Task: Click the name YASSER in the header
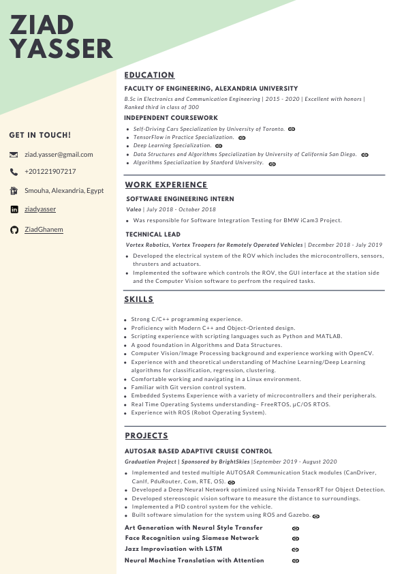[61, 49]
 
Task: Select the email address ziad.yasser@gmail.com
[59, 154]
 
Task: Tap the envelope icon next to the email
[14, 155]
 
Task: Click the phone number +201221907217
[50, 172]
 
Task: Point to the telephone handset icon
[14, 172]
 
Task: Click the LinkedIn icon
[14, 209]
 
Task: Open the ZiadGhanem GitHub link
[44, 230]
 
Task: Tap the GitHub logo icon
[14, 230]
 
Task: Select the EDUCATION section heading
[149, 75]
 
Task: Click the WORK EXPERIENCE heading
[166, 185]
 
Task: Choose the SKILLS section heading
[139, 299]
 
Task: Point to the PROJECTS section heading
[146, 436]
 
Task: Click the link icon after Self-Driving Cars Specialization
[292, 128]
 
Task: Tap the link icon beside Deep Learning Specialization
[219, 146]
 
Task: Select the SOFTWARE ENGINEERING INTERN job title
[180, 199]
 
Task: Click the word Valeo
[134, 209]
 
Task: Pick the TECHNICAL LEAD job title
[153, 234]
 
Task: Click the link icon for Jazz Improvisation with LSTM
[296, 549]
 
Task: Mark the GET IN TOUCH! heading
[40, 135]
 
